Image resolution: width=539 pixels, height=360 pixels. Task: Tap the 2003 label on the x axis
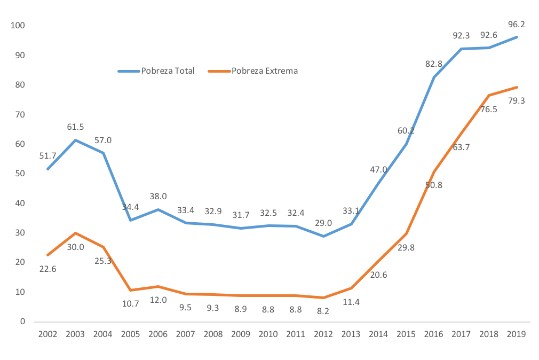click(x=75, y=334)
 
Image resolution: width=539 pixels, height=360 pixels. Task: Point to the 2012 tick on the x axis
click(x=324, y=334)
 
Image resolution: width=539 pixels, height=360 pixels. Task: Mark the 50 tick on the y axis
click(x=20, y=174)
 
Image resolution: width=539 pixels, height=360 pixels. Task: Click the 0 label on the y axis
click(x=23, y=322)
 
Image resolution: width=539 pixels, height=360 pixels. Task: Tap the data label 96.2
click(x=516, y=24)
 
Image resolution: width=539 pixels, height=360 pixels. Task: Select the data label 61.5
click(x=75, y=127)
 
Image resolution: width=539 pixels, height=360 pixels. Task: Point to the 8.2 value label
click(x=324, y=310)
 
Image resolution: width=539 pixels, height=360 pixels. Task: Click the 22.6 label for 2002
click(x=47, y=269)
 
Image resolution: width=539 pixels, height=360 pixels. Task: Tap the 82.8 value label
click(x=433, y=64)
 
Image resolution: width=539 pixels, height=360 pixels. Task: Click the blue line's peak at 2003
click(x=75, y=140)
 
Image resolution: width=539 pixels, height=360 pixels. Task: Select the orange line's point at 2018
click(x=489, y=95)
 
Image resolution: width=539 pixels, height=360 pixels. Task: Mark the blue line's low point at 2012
click(x=324, y=236)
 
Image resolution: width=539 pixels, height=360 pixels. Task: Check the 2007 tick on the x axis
click(x=186, y=334)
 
